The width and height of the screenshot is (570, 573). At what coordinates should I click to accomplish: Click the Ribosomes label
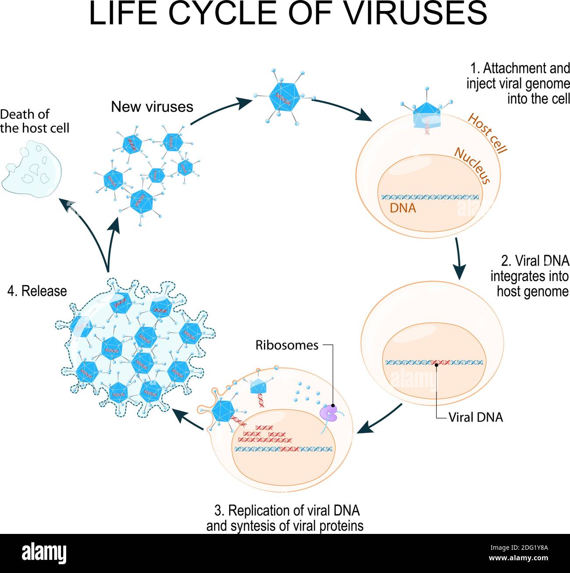pyautogui.click(x=287, y=345)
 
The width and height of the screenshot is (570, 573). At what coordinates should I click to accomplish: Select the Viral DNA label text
pyautogui.click(x=475, y=417)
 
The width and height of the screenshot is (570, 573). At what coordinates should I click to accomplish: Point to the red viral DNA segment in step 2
pyautogui.click(x=437, y=363)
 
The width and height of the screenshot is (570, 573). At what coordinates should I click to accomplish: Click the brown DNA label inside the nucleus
pyautogui.click(x=403, y=208)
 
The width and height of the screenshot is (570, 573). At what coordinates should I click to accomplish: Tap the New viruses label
pyautogui.click(x=152, y=107)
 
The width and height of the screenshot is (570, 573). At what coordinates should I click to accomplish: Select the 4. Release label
pyautogui.click(x=37, y=291)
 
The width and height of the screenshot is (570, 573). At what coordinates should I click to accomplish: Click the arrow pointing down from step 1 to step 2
pyautogui.click(x=459, y=259)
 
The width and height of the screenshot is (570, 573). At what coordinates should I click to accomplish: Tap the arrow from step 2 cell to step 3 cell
pyautogui.click(x=379, y=419)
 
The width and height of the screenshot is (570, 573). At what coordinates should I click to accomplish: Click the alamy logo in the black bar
pyautogui.click(x=44, y=553)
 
